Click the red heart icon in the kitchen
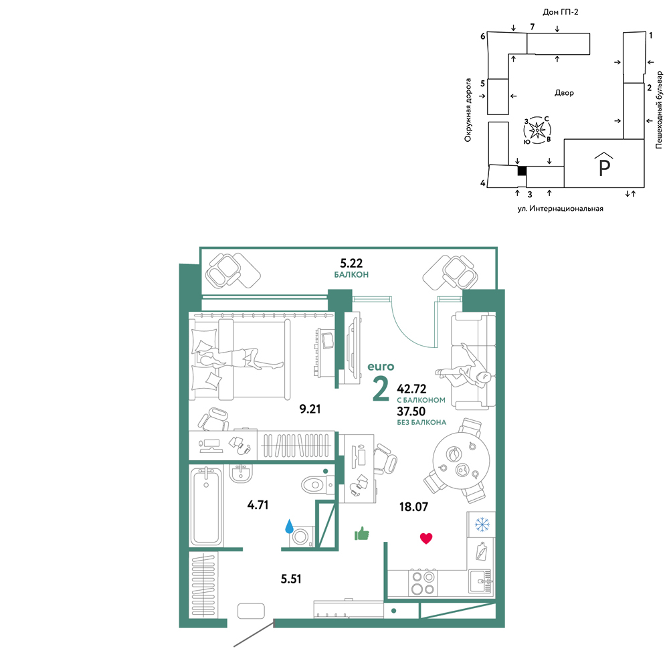coord(425,539)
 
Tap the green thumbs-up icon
coord(362,533)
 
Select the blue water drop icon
coord(289,527)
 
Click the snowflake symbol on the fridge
coord(482,524)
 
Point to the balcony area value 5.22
coord(351,263)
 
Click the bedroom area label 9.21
coord(310,409)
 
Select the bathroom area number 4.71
coord(258,505)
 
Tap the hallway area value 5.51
coord(291,579)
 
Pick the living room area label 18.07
coord(413,507)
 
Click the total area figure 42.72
coord(411,389)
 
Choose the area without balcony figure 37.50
coord(411,411)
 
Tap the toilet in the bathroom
coord(318,484)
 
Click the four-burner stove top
coord(422,583)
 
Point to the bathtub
coord(206,506)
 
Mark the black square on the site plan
coord(522,171)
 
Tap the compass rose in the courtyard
coord(537,129)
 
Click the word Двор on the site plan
coord(564,92)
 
